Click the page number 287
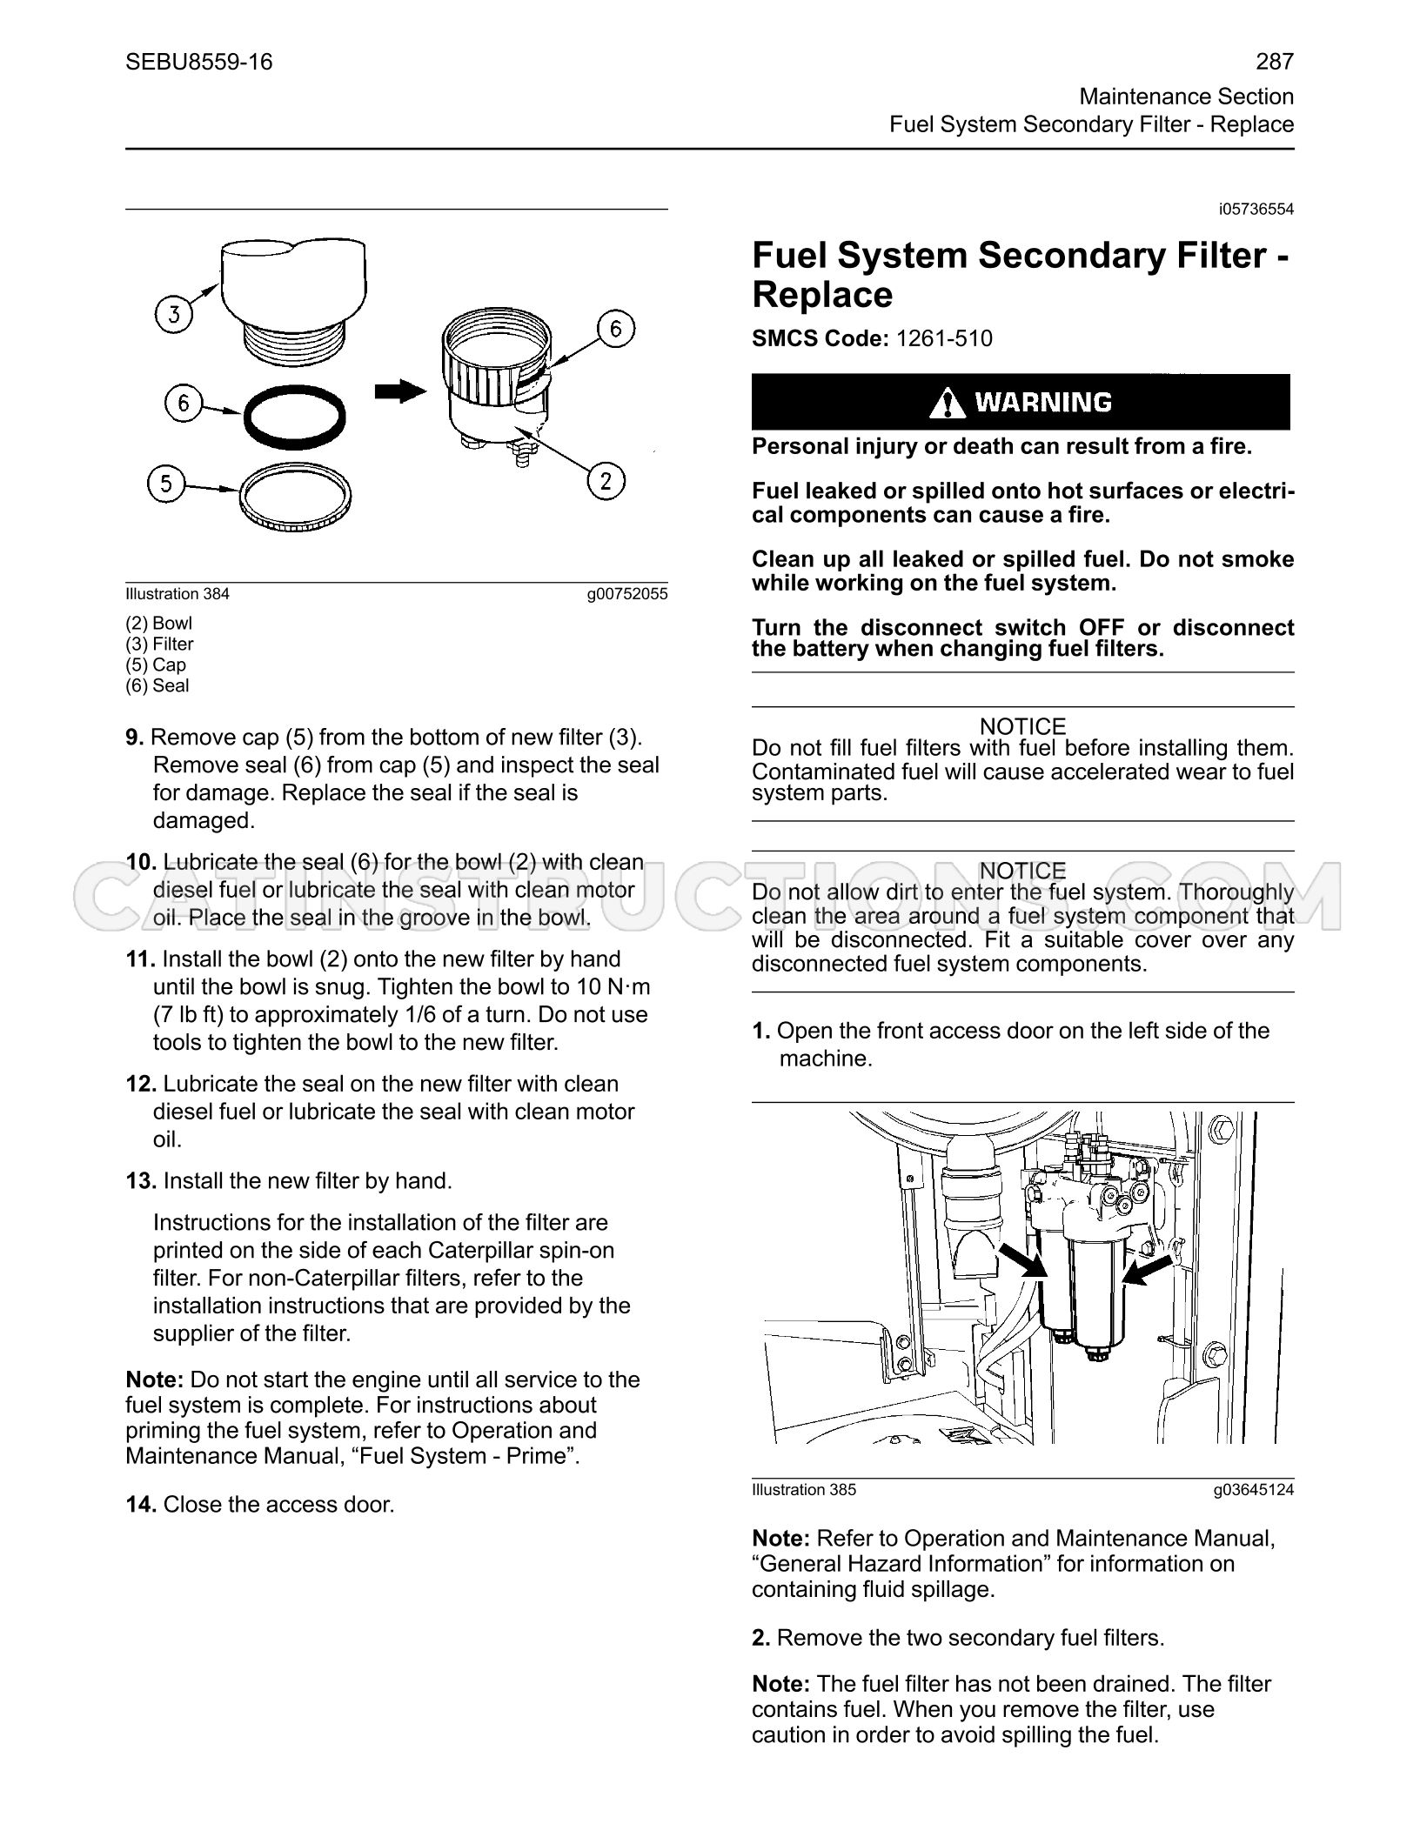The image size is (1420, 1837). coord(1275,62)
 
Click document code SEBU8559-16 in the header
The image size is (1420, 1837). coord(199,62)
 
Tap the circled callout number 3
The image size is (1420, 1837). coord(174,313)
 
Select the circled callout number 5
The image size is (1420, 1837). coord(166,484)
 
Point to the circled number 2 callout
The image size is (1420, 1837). coord(606,481)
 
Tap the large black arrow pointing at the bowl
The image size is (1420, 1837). coord(401,393)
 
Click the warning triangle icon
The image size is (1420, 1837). coord(948,403)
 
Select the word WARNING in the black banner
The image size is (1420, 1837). coord(1042,403)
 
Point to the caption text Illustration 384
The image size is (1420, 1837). coord(177,594)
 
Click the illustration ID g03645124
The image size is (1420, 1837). coord(1254,1490)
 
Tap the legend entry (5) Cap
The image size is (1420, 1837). coord(156,665)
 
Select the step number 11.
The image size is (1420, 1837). coord(140,959)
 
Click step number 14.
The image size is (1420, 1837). coord(141,1505)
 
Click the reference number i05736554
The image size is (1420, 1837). coord(1256,210)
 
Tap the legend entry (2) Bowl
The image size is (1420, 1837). coord(159,623)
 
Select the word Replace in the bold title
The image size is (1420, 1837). coord(822,295)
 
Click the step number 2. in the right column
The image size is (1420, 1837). coord(761,1638)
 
